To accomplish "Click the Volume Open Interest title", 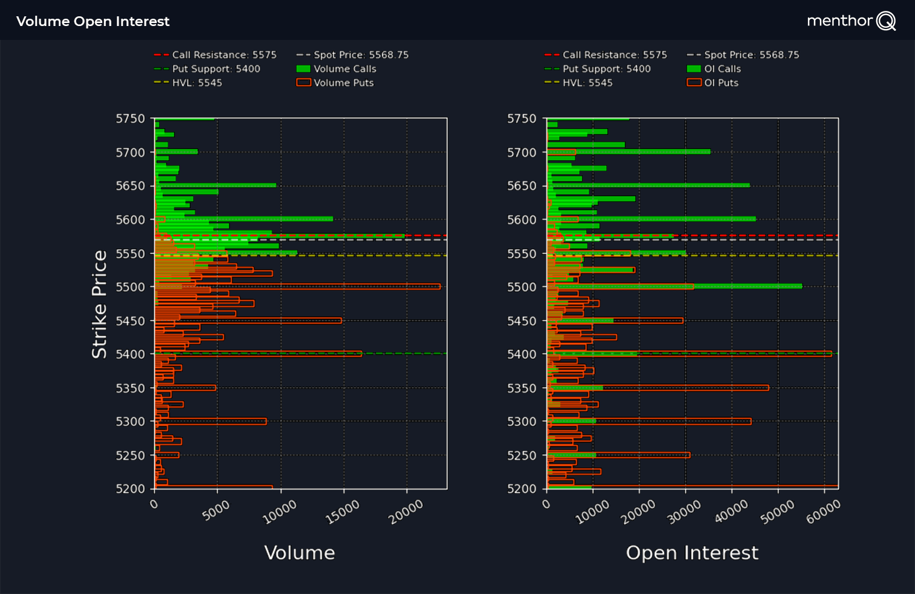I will (x=93, y=21).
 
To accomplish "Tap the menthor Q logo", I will (x=851, y=21).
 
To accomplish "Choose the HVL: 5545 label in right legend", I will (x=587, y=83).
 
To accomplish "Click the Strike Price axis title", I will (x=99, y=304).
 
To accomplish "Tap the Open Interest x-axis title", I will (x=692, y=552).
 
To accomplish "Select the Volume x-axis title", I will (x=300, y=552).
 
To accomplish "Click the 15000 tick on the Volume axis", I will (x=343, y=512).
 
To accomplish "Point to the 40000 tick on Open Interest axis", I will (x=731, y=512).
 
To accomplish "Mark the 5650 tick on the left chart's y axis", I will (x=131, y=186).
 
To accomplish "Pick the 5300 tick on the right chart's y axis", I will (x=522, y=421).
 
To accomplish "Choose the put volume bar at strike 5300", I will (x=212, y=421).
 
